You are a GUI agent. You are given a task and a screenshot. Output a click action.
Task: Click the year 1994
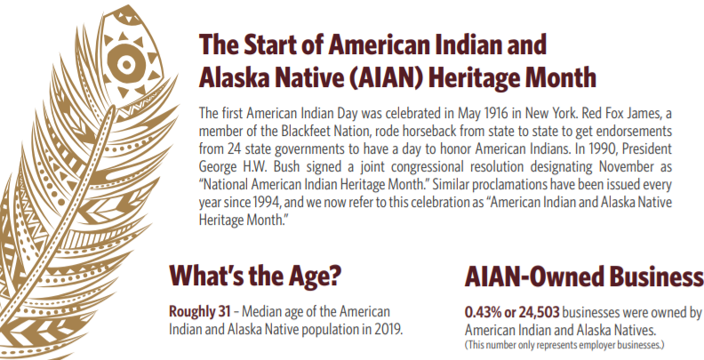coord(268,202)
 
